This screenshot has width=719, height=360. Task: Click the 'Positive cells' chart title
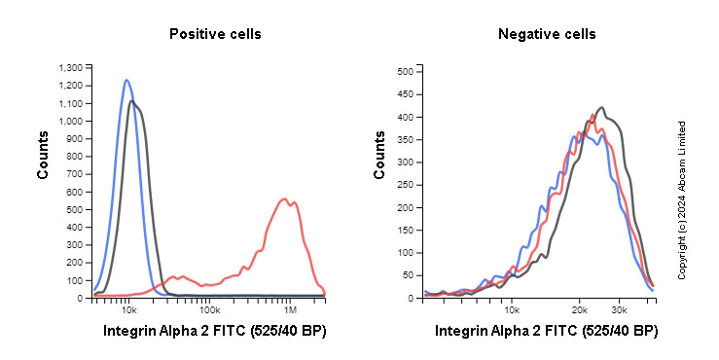coord(215,34)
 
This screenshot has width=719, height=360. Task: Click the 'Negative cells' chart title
coord(547,34)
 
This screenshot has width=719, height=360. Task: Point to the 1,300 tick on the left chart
coord(71,67)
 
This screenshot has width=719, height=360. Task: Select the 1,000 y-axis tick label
coord(71,121)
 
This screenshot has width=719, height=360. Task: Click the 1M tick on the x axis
coord(291,308)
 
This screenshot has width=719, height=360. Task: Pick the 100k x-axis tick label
coord(209,308)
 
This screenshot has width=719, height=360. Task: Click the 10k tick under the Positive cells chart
coord(128,308)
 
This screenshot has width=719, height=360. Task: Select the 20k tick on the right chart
coord(579,308)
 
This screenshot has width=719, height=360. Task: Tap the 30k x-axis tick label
coord(619,308)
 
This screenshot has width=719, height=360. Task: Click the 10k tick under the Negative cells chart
coord(512,308)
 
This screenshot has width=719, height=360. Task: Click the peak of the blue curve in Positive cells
coord(126,80)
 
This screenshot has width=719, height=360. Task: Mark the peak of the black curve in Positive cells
coord(132,101)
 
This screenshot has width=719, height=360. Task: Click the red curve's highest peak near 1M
coord(284,199)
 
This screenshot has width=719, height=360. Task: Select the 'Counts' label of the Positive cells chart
coord(43,156)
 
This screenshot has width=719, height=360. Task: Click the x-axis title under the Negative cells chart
coord(546,332)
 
